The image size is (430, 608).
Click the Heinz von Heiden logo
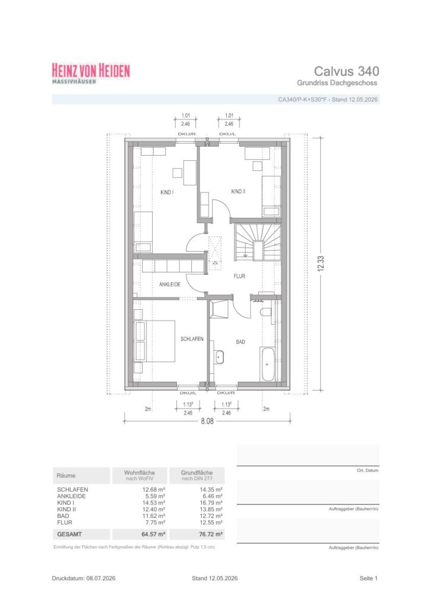[91, 73]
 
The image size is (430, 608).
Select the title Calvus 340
[346, 71]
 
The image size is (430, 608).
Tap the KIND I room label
[167, 192]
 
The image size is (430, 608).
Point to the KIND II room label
[238, 192]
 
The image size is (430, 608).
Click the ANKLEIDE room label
[170, 284]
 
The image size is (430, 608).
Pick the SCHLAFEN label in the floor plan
[192, 339]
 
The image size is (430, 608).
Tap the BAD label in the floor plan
[241, 342]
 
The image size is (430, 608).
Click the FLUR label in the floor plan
[239, 276]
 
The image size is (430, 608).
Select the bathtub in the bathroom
[267, 364]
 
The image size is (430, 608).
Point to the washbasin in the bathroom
[220, 357]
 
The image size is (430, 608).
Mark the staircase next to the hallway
[257, 242]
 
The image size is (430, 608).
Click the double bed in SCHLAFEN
[154, 341]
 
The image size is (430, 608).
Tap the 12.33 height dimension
[321, 264]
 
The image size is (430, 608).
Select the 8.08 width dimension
[207, 421]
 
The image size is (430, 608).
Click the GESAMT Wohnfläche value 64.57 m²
[154, 534]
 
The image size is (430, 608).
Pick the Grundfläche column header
[197, 473]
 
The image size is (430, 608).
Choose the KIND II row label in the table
[67, 509]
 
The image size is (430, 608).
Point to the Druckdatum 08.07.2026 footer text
[84, 578]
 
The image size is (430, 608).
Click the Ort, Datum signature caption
[368, 470]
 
